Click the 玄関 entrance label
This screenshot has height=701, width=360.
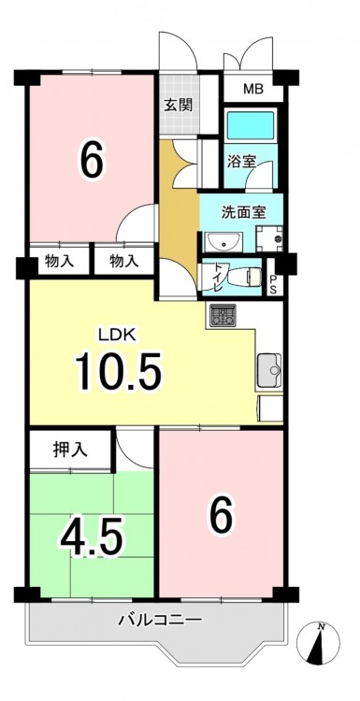(178, 105)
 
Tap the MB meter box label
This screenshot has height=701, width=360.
(253, 90)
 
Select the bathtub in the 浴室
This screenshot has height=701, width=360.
(251, 125)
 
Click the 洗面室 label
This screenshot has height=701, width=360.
(244, 212)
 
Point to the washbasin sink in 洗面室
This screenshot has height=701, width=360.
(223, 242)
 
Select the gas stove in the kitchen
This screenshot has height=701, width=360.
(222, 315)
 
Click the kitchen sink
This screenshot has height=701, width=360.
(269, 370)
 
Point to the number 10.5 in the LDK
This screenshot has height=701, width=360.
(119, 371)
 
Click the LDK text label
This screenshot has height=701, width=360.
(118, 335)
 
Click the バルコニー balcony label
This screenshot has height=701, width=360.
(161, 620)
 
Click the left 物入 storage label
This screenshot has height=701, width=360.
(60, 262)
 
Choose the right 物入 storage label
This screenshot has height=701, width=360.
(123, 262)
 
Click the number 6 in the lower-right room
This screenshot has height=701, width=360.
(222, 514)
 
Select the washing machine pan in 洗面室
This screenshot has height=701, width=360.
(268, 238)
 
